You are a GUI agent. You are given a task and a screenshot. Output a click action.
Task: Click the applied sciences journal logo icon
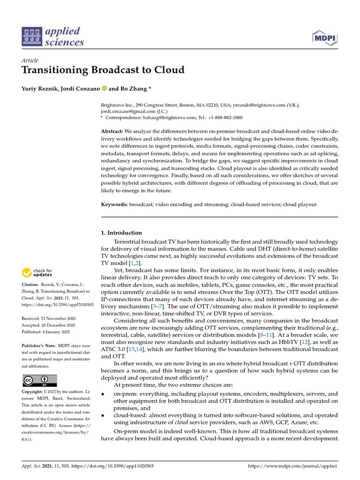pyautogui.click(x=31, y=37)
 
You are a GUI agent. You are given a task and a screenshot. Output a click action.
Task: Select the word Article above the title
pyautogui.click(x=30, y=60)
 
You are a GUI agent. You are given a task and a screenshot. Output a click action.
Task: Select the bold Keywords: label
pyautogui.click(x=114, y=205)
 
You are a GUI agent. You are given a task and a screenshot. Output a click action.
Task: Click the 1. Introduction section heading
pyautogui.click(x=121, y=233)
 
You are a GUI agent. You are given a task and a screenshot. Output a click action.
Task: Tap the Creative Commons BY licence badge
pyautogui.click(x=39, y=380)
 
